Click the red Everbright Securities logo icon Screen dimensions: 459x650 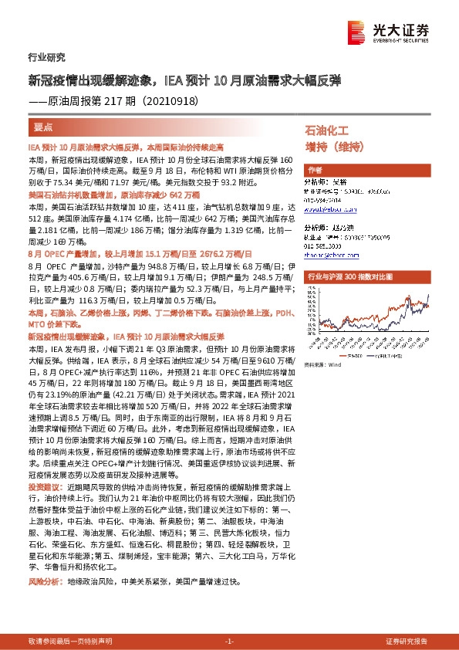tap(357, 30)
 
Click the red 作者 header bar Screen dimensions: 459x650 tap(316, 169)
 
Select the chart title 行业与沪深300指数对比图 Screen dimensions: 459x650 tap(350, 276)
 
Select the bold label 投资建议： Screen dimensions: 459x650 tap(43, 487)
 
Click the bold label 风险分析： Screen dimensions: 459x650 tap(43, 581)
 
